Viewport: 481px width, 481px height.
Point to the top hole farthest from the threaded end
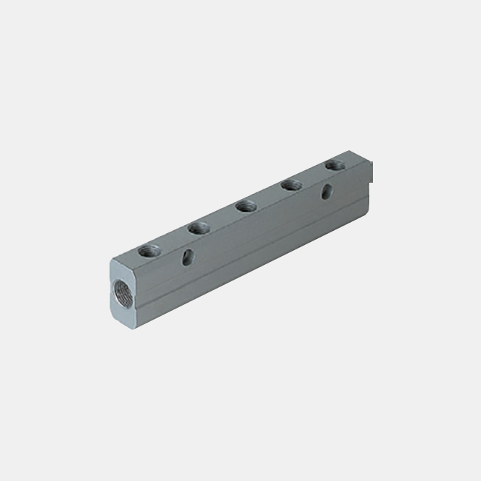click(x=335, y=164)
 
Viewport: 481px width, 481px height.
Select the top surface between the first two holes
click(x=176, y=238)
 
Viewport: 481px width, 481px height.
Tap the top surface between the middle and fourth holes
click(x=268, y=196)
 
